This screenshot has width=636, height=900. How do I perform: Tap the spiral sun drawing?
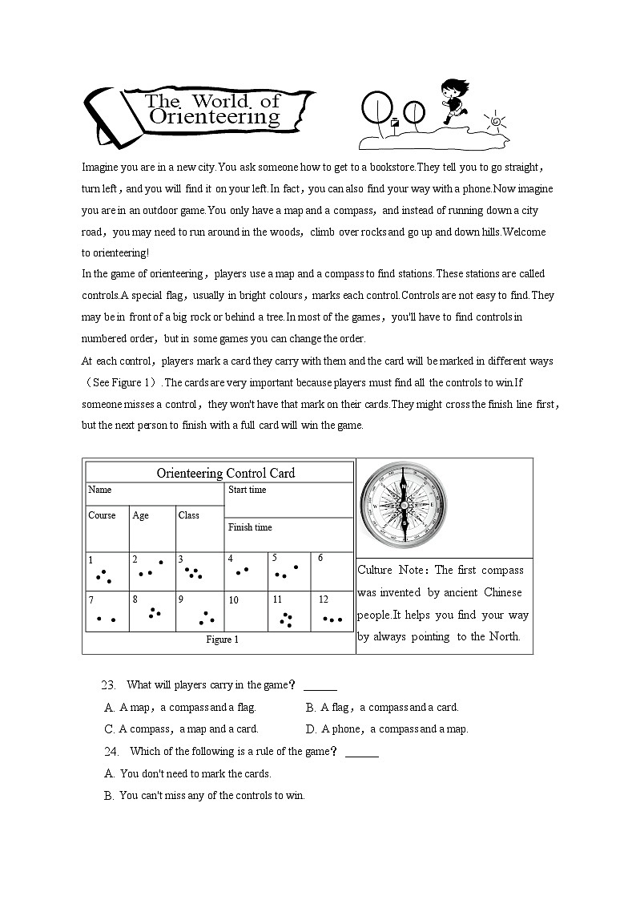click(495, 122)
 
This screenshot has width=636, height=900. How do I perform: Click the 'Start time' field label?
click(248, 490)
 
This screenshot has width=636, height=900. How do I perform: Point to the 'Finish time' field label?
click(250, 527)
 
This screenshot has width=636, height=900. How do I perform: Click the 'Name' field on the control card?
click(100, 490)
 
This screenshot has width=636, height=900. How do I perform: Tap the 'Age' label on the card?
click(141, 515)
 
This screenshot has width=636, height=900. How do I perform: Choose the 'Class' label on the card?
click(189, 515)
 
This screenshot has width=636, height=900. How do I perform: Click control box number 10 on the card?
click(245, 611)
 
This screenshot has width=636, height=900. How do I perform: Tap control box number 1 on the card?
click(107, 571)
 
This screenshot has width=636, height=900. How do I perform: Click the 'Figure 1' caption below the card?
click(222, 640)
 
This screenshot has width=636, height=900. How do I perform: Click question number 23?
click(110, 685)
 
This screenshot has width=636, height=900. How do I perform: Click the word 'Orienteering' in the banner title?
click(215, 117)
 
